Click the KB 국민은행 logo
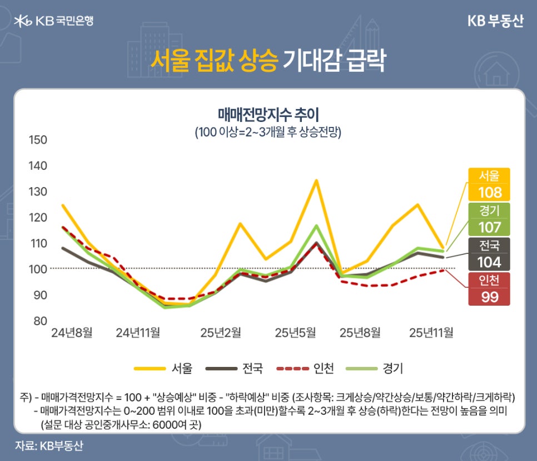pyautogui.click(x=54, y=21)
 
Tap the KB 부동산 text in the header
pyautogui.click(x=495, y=21)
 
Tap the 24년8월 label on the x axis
pyautogui.click(x=72, y=333)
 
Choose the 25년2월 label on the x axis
pyautogui.click(x=221, y=333)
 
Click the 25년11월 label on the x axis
pyautogui.click(x=431, y=333)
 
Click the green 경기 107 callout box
pyautogui.click(x=489, y=219)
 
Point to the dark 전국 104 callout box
pyautogui.click(x=489, y=254)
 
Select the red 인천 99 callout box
pyautogui.click(x=489, y=289)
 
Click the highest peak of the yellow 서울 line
pyautogui.click(x=316, y=180)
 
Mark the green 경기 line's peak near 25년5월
pyautogui.click(x=316, y=225)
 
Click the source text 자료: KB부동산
pyautogui.click(x=49, y=446)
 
